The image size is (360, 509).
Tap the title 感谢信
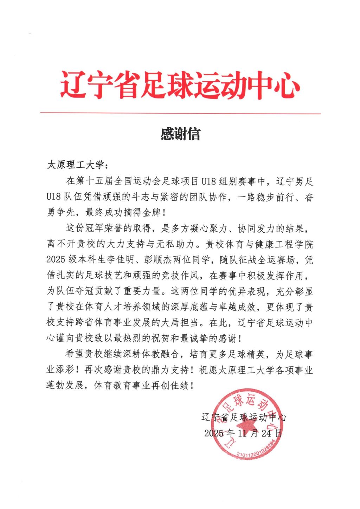pyautogui.click(x=180, y=134)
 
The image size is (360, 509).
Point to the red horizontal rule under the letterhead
pyautogui.click(x=180, y=113)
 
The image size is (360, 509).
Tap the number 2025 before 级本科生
pyautogui.click(x=56, y=260)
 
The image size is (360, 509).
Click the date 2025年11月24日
pyautogui.click(x=243, y=433)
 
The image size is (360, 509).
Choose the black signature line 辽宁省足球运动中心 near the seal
pyautogui.click(x=243, y=417)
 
